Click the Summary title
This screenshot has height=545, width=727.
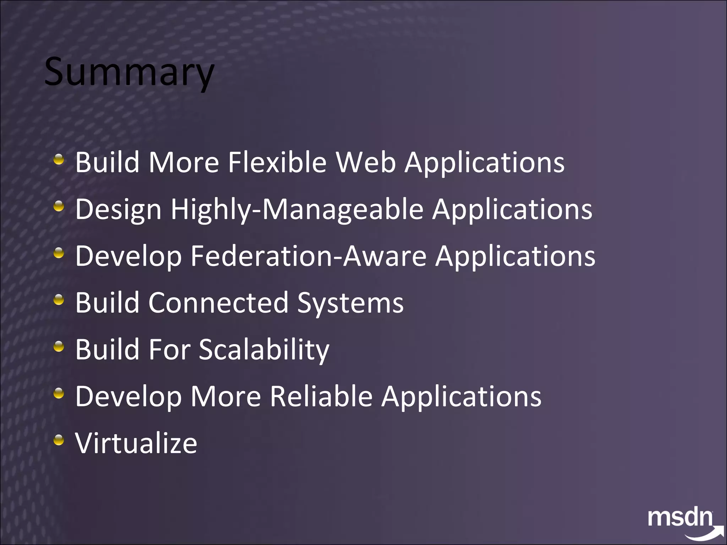point(129,72)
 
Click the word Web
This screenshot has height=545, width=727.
point(366,162)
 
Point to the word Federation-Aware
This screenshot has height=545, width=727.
point(308,256)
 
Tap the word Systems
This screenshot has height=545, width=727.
point(350,304)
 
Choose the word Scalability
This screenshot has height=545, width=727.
point(264,350)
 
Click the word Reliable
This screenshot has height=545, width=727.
point(321,396)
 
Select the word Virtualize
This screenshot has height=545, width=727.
point(136,443)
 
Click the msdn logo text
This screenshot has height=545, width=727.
point(680,518)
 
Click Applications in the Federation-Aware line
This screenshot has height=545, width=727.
point(515,256)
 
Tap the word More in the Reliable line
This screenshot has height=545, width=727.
point(226,396)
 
